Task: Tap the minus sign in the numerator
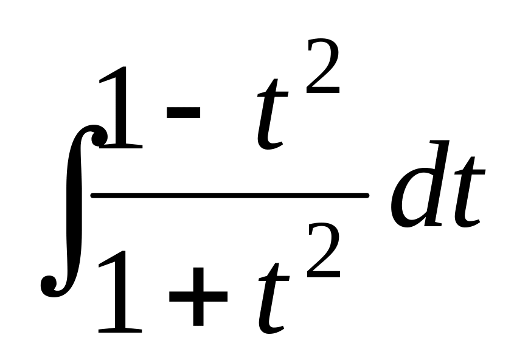click(x=182, y=112)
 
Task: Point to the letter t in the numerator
click(x=271, y=116)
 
